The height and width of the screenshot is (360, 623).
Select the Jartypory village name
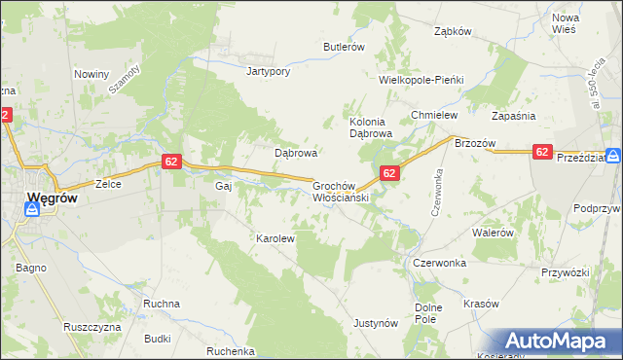[270, 71]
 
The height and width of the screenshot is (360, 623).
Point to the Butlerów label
[344, 47]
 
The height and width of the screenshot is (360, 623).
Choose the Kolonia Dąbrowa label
[370, 127]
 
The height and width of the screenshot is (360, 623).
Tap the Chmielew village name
[434, 115]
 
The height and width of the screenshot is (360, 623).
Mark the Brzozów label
[476, 143]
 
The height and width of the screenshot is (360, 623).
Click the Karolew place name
[275, 237]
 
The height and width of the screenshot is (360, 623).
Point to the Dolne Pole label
[428, 313]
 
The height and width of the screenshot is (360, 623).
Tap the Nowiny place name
[92, 73]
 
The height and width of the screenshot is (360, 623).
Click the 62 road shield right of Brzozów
[543, 152]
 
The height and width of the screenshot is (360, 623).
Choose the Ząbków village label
[453, 31]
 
